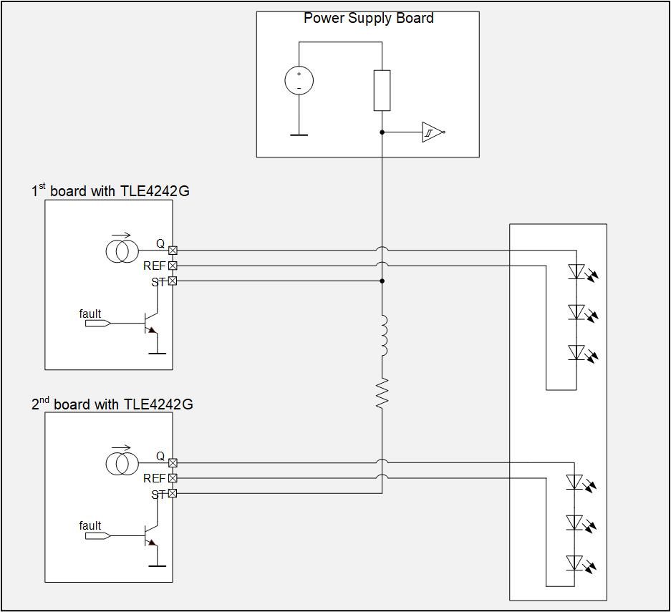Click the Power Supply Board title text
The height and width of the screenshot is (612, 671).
pyautogui.click(x=368, y=18)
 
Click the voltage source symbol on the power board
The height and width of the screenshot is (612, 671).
pyautogui.click(x=299, y=79)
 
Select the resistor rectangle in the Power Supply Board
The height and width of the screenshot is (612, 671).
pyautogui.click(x=382, y=90)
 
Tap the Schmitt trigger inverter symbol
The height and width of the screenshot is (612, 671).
pyautogui.click(x=432, y=132)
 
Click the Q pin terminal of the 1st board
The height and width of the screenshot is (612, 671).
pyautogui.click(x=173, y=251)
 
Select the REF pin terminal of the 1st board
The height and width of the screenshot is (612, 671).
pyautogui.click(x=173, y=266)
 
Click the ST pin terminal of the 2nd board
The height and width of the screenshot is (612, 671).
pyautogui.click(x=173, y=493)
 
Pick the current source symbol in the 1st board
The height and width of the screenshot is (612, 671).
pyautogui.click(x=120, y=251)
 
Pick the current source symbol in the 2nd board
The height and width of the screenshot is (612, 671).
pyautogui.click(x=120, y=463)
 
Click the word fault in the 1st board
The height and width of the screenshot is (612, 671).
pyautogui.click(x=90, y=314)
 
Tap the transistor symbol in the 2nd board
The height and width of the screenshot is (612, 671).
pyautogui.click(x=151, y=535)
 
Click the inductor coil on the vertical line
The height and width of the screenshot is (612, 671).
pyautogui.click(x=382, y=336)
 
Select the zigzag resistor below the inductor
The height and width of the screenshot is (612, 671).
pyautogui.click(x=382, y=393)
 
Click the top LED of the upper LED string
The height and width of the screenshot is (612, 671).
pyautogui.click(x=576, y=271)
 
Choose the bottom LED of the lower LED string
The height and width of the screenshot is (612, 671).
pyautogui.click(x=576, y=563)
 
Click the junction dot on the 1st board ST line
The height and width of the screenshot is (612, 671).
pyautogui.click(x=382, y=281)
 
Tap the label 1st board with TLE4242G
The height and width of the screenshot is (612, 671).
pyautogui.click(x=110, y=190)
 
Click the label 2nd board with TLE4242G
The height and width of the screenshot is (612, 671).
pyautogui.click(x=112, y=404)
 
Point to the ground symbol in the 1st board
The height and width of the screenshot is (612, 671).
pyautogui.click(x=157, y=353)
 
